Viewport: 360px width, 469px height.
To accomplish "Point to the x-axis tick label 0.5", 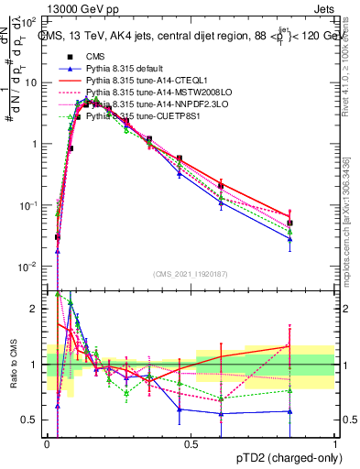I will [x=191, y=443].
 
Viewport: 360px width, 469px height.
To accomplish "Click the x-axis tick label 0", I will [x=48, y=443].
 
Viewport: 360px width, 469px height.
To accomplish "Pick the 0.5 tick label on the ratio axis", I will [x=30, y=420].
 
